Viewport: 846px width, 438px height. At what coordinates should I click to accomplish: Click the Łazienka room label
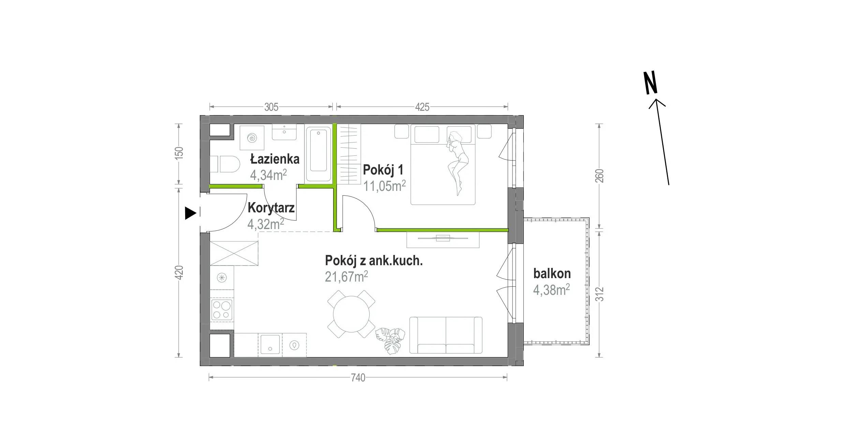coord(274,159)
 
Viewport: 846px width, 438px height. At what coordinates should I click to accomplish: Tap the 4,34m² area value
coord(268,175)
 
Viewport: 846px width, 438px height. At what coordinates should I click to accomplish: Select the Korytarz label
coord(271,208)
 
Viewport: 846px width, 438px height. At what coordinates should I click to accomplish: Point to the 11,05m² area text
coord(384,186)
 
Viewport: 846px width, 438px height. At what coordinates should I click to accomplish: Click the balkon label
coord(552,273)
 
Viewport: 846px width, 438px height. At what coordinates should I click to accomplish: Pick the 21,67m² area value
coord(346,276)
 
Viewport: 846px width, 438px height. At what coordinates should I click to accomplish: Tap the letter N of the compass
coord(650,83)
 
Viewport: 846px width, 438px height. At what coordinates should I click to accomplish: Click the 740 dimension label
coord(358,378)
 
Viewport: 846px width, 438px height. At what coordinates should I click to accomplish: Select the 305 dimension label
coord(271,107)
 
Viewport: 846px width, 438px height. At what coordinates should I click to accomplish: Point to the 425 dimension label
coord(422,107)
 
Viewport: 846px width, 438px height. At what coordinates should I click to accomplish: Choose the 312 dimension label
coord(600,294)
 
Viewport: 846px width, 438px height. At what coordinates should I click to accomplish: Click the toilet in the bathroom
coord(225,164)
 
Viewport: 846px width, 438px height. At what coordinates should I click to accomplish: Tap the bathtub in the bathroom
coord(318,154)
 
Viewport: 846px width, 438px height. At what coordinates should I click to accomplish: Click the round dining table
coord(351,314)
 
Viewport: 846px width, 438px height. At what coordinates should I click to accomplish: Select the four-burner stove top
coord(222,310)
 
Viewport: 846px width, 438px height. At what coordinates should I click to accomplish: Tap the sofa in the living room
coord(446,335)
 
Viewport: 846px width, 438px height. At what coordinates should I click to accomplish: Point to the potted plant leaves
coord(390,341)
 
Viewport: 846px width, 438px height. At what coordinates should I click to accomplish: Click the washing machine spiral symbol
coord(252,138)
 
